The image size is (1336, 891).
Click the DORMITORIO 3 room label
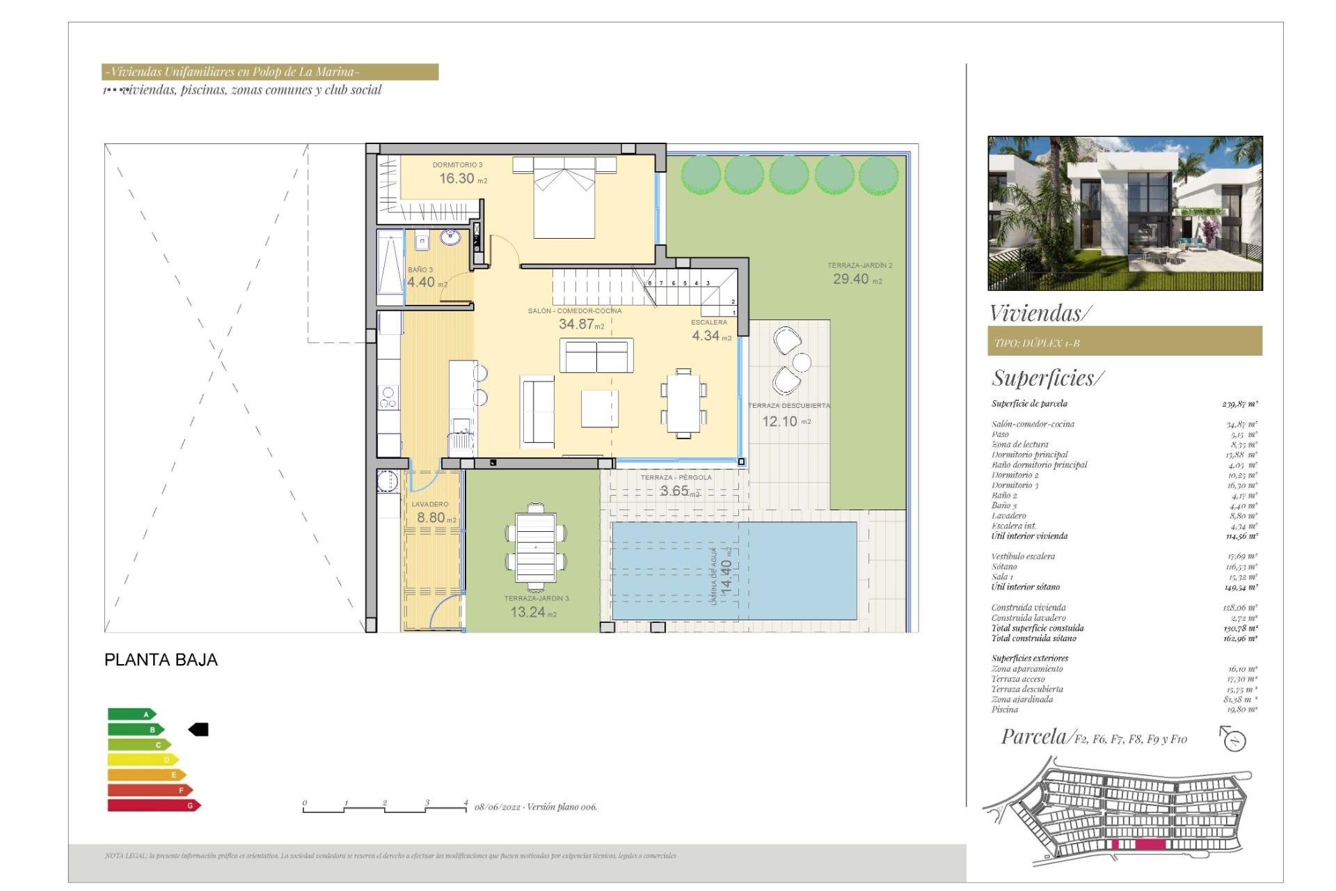[x=457, y=165]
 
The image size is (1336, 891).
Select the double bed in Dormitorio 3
[x=564, y=198]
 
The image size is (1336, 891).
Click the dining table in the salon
[x=683, y=404]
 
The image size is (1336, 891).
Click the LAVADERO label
[x=430, y=504]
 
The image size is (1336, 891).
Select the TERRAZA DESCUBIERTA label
[x=788, y=405]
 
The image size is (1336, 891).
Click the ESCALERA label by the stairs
[x=708, y=322]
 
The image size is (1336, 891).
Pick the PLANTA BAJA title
[x=161, y=660]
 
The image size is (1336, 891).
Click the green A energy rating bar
[x=131, y=714]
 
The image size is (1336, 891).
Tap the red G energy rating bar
[x=153, y=805]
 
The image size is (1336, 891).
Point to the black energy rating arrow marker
[x=199, y=730]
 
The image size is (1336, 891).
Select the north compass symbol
[x=1234, y=739]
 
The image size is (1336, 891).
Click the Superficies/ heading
[x=1047, y=378]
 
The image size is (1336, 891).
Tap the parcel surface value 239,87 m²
[x=1239, y=404]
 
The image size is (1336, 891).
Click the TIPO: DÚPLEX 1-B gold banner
[x=1124, y=342]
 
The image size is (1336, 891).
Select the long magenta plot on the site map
[x=1150, y=844]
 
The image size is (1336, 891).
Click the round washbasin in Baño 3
[x=450, y=238]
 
